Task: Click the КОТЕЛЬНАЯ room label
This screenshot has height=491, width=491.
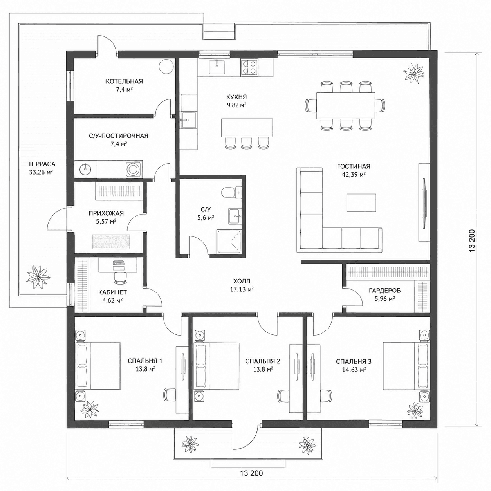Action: tap(124, 81)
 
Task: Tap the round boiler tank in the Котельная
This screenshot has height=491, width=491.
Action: tap(166, 67)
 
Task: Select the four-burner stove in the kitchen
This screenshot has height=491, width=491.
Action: tap(248, 67)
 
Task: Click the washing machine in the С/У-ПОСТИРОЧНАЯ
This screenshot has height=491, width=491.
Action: tap(133, 168)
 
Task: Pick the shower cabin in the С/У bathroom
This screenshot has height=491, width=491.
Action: tap(229, 242)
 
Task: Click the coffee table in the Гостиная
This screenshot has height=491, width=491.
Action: tap(361, 202)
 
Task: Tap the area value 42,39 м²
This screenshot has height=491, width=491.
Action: tap(354, 175)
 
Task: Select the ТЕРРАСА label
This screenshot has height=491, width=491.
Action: tap(42, 164)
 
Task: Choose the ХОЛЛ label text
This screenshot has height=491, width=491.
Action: tap(242, 281)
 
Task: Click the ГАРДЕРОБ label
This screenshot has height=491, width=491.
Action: tap(385, 290)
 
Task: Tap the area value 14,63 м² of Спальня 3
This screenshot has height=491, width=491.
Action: tap(354, 370)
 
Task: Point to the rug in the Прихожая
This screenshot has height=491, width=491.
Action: tap(111, 241)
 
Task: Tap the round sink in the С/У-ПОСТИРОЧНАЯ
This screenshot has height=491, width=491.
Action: tap(85, 168)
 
